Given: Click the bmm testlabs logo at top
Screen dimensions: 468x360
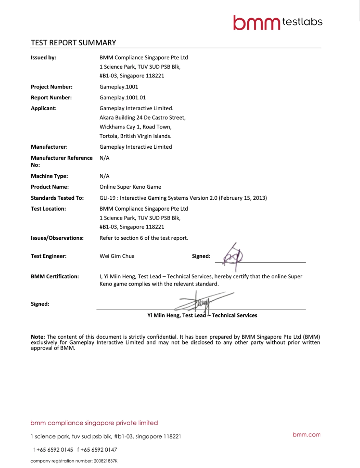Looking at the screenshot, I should click(x=277, y=22).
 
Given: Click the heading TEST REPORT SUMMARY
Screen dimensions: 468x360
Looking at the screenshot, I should click(x=73, y=42).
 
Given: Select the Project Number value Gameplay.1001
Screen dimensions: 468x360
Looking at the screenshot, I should click(x=119, y=87).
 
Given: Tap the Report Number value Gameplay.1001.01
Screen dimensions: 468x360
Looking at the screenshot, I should click(x=123, y=98).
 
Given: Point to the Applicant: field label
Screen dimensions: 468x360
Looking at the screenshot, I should click(x=44, y=108).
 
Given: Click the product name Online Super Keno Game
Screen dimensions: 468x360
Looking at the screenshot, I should click(x=130, y=187).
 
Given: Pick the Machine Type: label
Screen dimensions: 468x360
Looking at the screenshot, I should click(x=49, y=176).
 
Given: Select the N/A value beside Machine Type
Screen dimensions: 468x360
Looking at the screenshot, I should click(x=104, y=176).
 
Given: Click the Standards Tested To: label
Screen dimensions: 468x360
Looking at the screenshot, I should click(x=57, y=198).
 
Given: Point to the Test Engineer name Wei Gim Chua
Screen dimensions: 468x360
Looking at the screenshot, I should click(x=117, y=256).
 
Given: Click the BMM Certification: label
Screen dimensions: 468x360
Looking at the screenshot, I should click(x=55, y=276).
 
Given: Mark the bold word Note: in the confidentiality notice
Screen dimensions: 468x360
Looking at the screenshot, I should click(x=38, y=337).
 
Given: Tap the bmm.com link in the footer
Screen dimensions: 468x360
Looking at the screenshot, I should click(x=306, y=435).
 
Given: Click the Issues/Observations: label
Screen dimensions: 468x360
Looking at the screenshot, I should click(x=57, y=238).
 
